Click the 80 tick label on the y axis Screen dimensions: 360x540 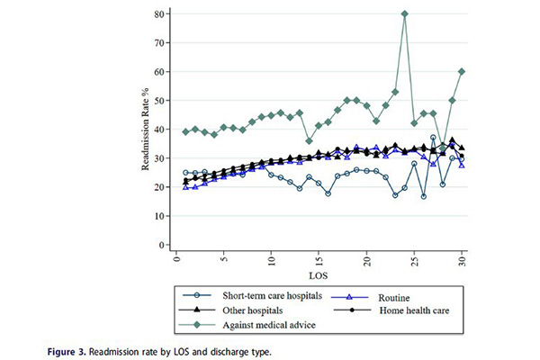pyautogui.click(x=159, y=14)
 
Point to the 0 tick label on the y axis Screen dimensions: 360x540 pyautogui.click(x=162, y=245)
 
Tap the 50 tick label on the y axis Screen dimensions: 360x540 pyautogui.click(x=159, y=101)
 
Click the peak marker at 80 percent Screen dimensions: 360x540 pyautogui.click(x=405, y=14)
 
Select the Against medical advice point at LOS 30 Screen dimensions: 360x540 pyautogui.click(x=462, y=72)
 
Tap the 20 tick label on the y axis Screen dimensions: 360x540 pyautogui.click(x=159, y=187)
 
